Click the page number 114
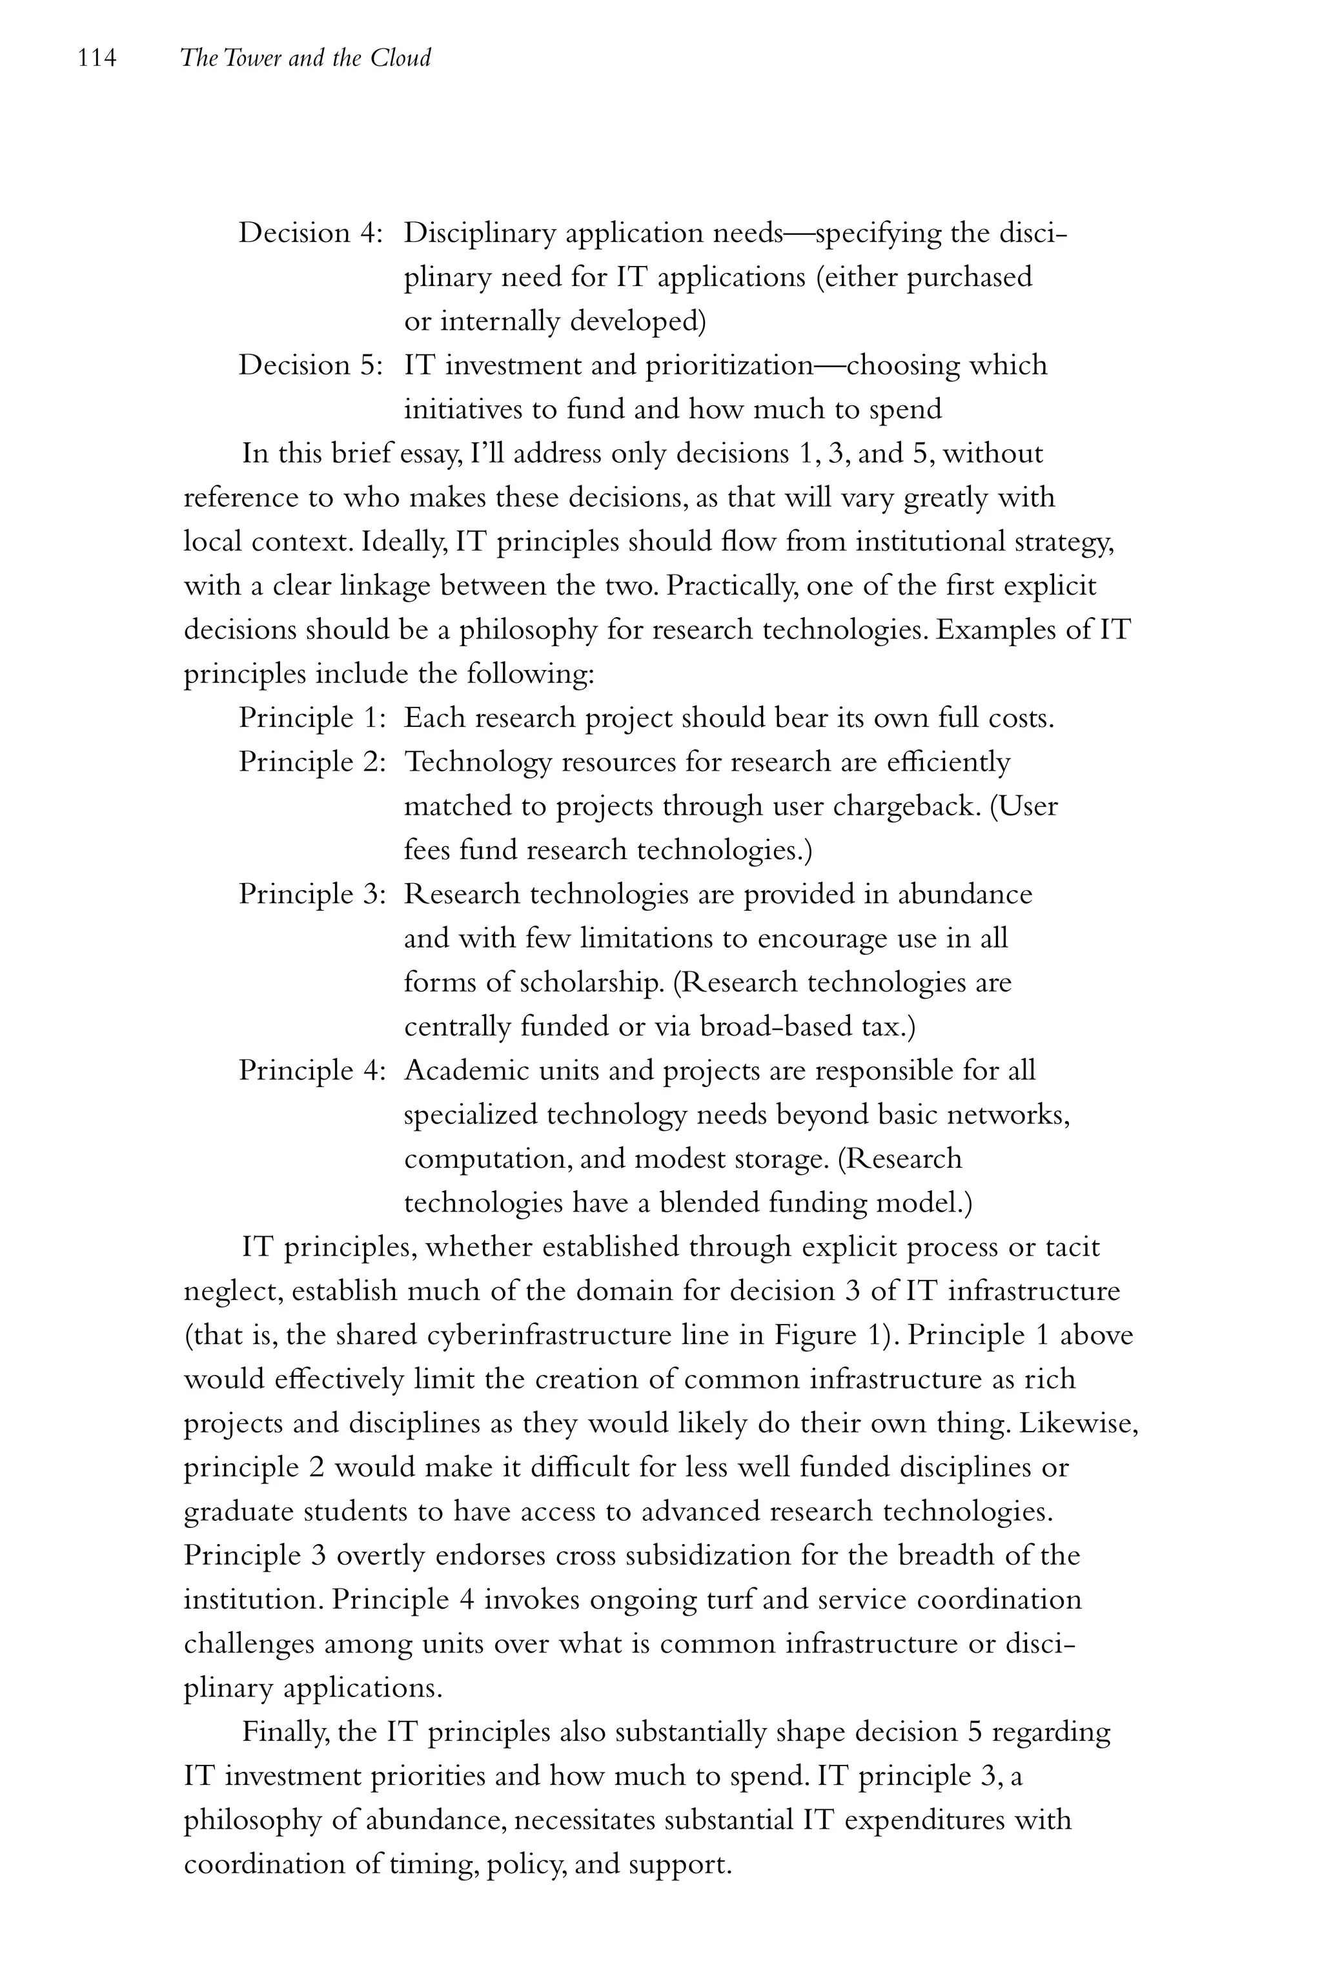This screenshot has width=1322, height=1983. pos(96,58)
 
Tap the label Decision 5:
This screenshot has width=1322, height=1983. pos(311,366)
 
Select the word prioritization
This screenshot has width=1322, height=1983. pos(728,366)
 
